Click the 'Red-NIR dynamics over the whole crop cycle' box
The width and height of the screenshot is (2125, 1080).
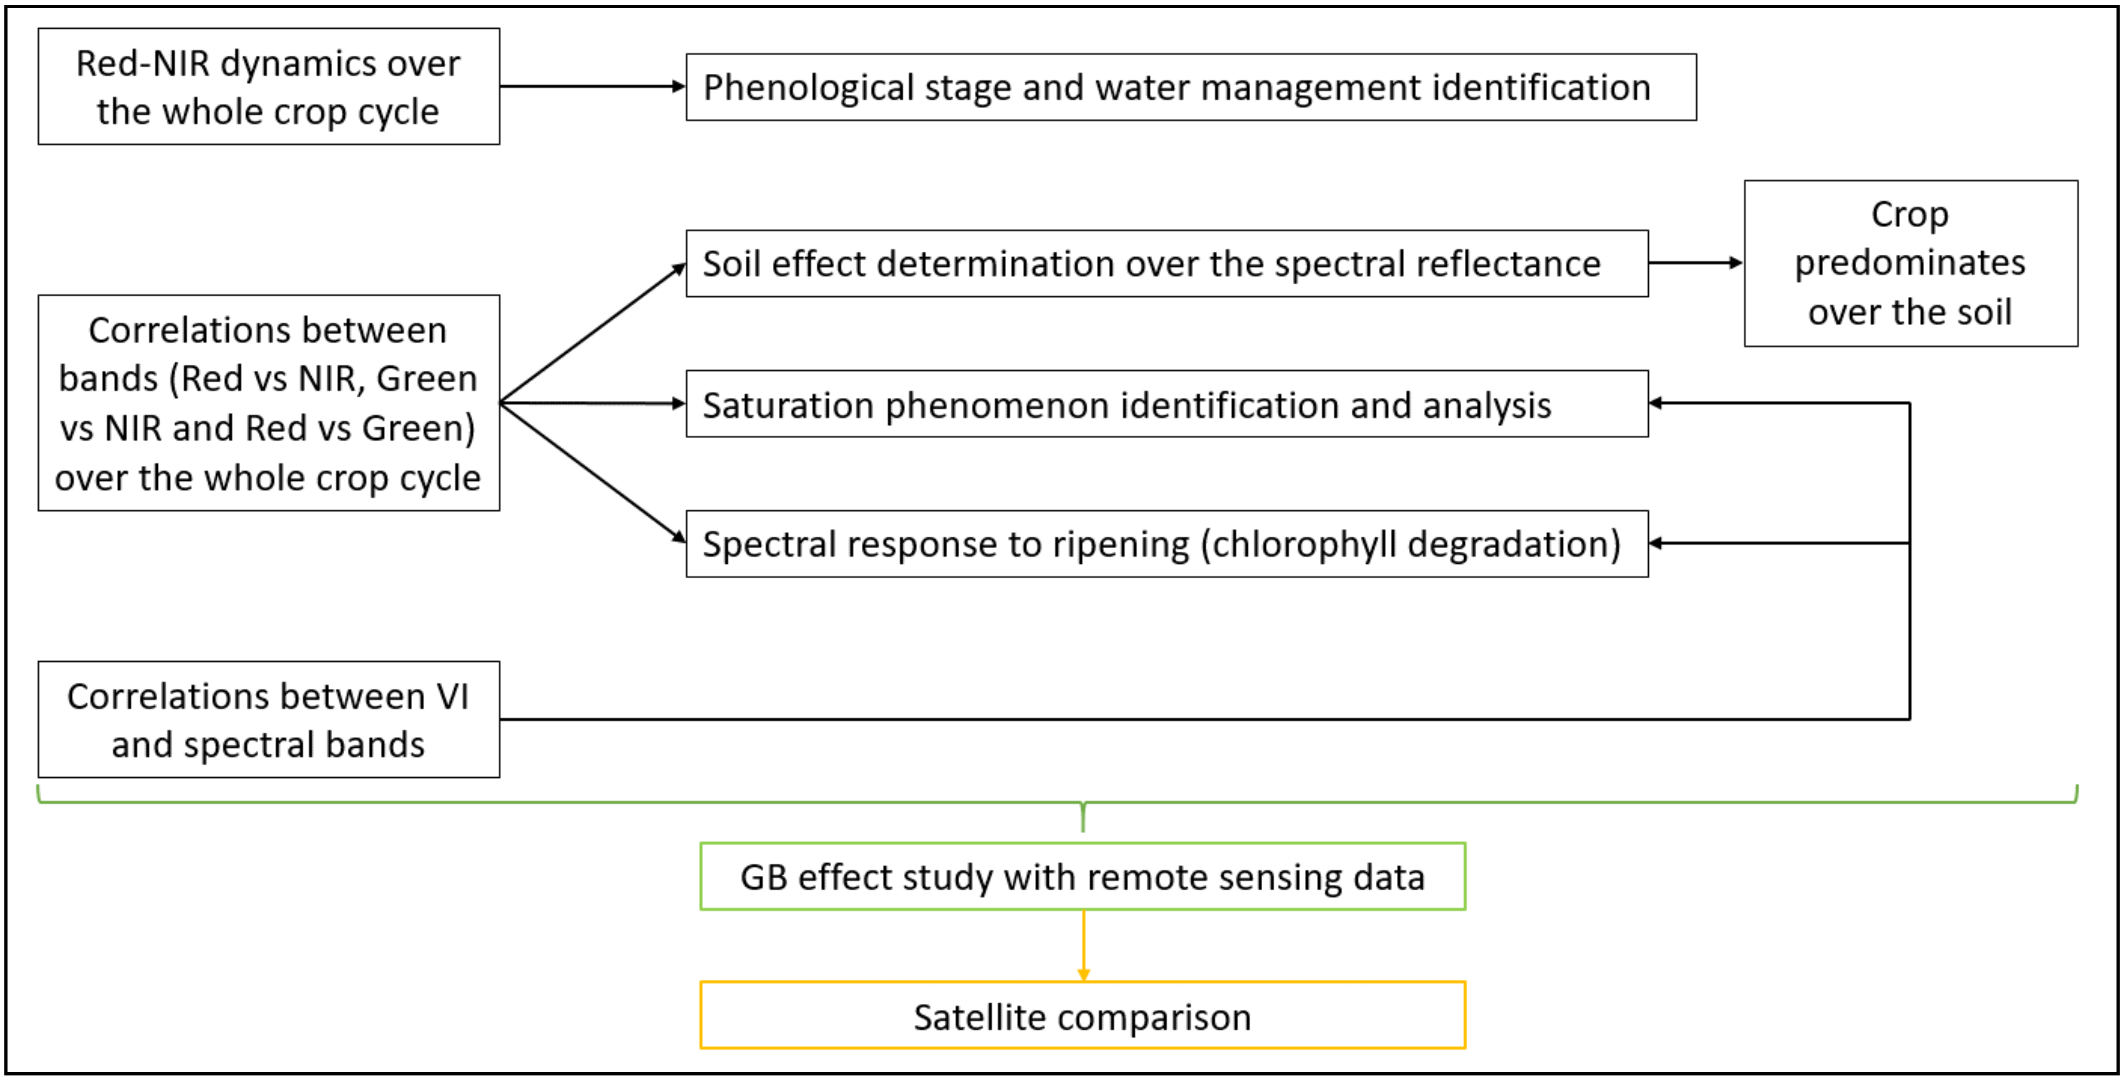268,86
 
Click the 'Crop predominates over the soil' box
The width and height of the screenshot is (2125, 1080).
1910,263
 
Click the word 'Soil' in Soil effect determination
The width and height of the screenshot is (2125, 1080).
731,264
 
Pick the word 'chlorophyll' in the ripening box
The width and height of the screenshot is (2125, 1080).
1304,544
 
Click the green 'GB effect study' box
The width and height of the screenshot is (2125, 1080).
1082,876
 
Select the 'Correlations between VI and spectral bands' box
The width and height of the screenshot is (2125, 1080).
268,719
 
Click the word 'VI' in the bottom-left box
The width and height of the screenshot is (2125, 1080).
452,697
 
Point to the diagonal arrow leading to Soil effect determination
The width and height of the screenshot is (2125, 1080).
592,333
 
